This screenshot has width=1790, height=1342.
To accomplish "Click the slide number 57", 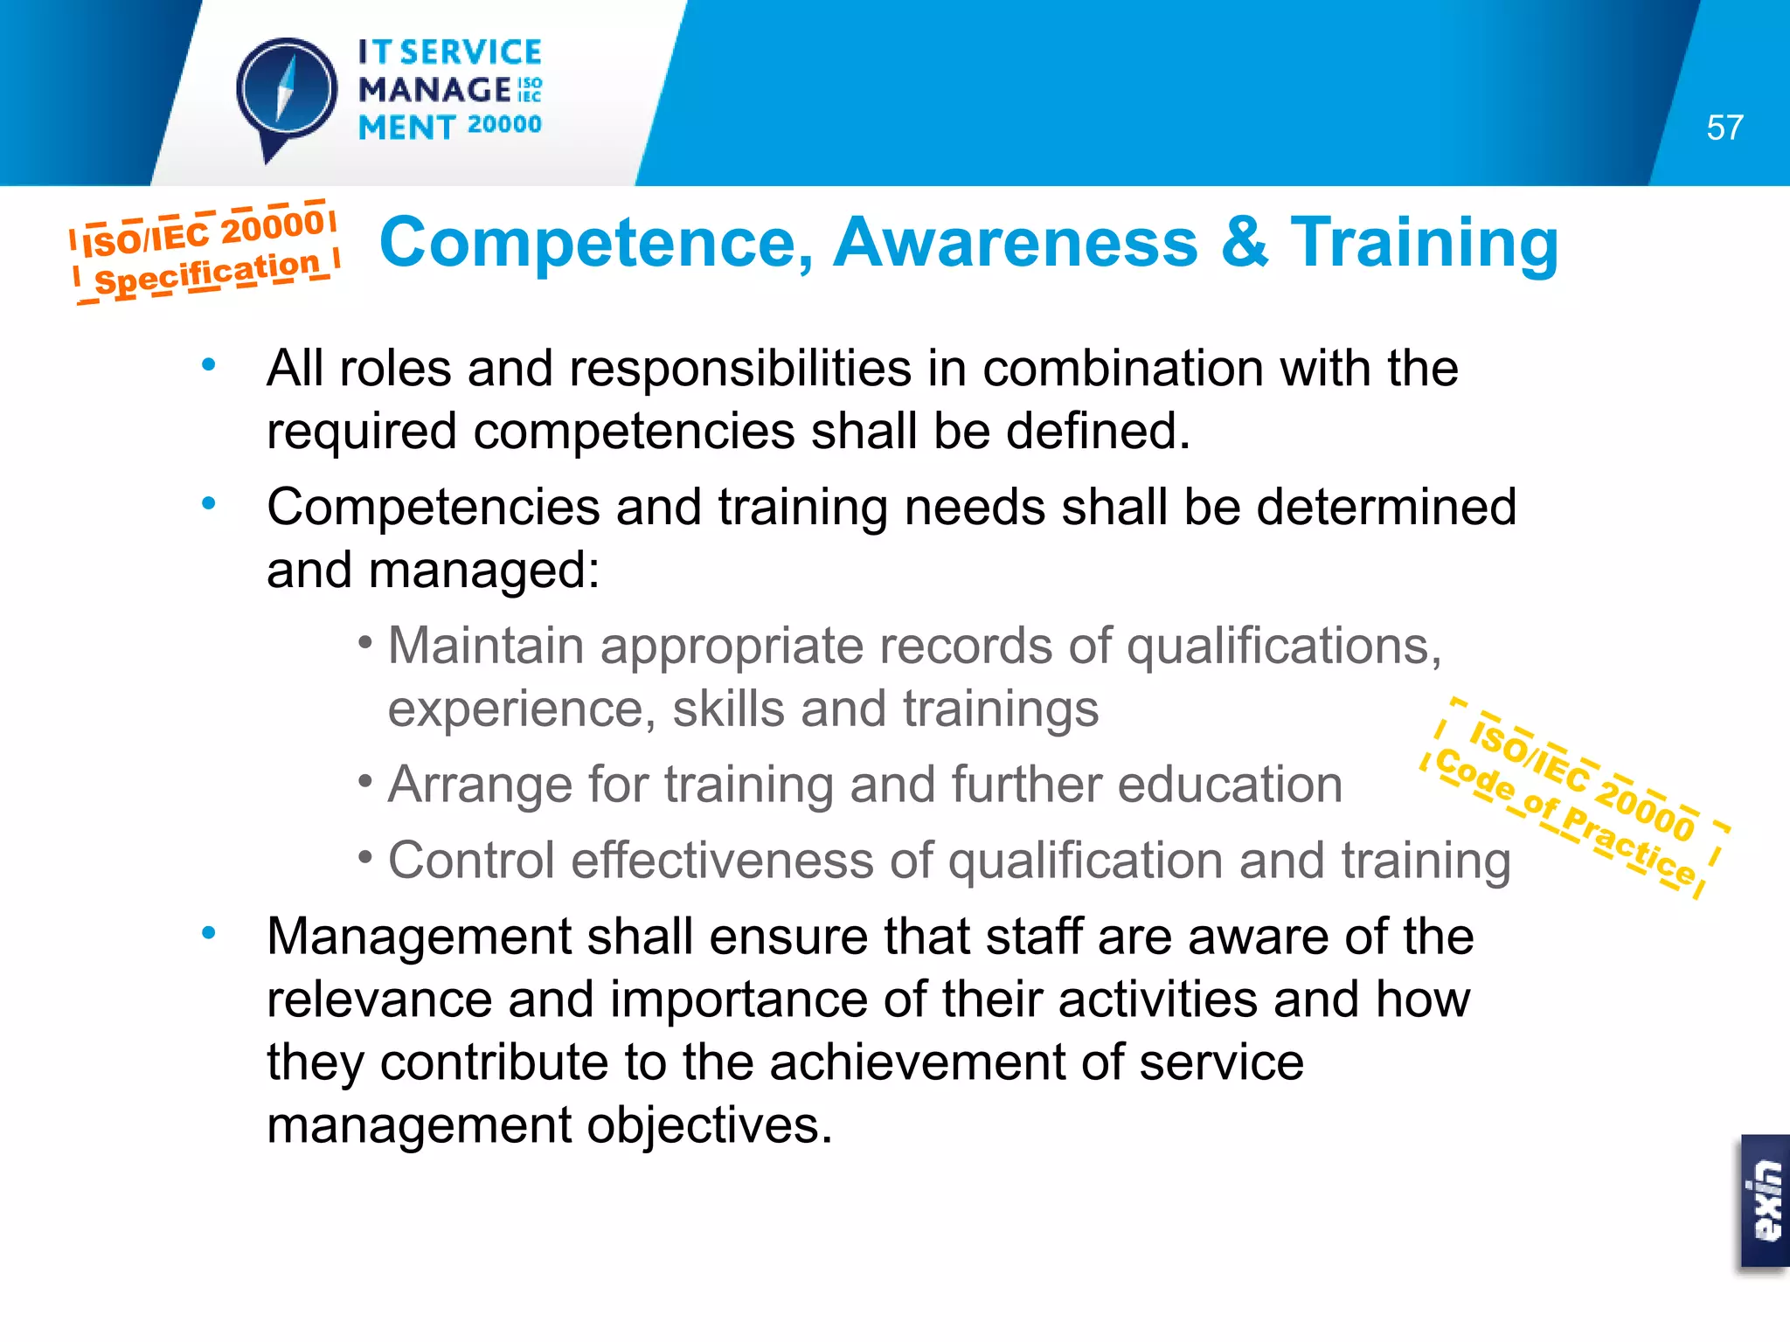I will [x=1724, y=128].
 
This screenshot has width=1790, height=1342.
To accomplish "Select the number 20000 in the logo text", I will [x=504, y=125].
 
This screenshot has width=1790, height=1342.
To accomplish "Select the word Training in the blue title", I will [x=1425, y=245].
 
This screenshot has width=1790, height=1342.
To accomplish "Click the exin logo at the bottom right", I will [x=1766, y=1201].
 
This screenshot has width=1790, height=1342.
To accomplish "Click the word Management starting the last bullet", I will [x=419, y=937].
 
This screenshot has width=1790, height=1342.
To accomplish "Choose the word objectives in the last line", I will [x=709, y=1125].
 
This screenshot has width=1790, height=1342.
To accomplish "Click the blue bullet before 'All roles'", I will [x=208, y=364].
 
